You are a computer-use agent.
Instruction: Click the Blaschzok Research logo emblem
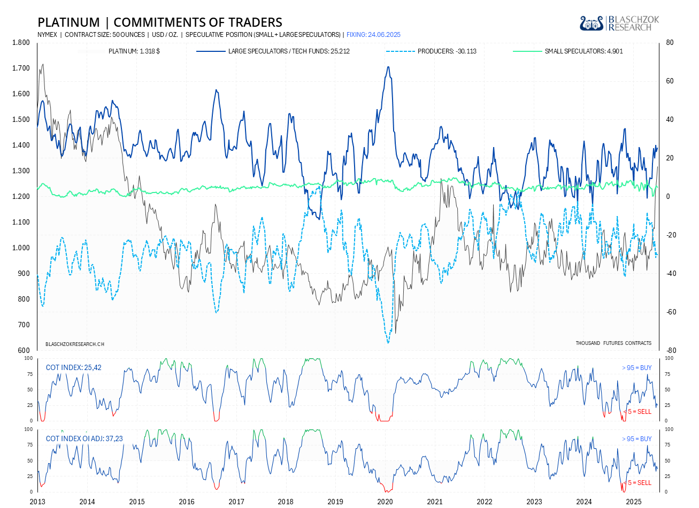point(592,24)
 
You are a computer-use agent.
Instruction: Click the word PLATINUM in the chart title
point(68,22)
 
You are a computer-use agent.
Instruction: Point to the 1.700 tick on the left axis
point(21,68)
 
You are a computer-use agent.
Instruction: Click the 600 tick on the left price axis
point(24,351)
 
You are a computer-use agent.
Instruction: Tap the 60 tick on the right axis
point(670,81)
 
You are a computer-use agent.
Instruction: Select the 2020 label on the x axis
point(385,502)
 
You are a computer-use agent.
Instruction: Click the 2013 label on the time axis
point(37,502)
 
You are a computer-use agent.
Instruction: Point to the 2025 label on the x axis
point(634,502)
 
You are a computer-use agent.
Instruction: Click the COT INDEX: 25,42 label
point(73,368)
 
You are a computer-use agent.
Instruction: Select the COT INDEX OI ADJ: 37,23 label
point(84,439)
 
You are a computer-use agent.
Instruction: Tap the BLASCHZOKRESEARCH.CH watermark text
point(75,344)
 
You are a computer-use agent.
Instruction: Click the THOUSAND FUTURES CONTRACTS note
point(613,343)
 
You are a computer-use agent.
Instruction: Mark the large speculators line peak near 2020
point(388,67)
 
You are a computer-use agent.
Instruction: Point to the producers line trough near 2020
point(388,342)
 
